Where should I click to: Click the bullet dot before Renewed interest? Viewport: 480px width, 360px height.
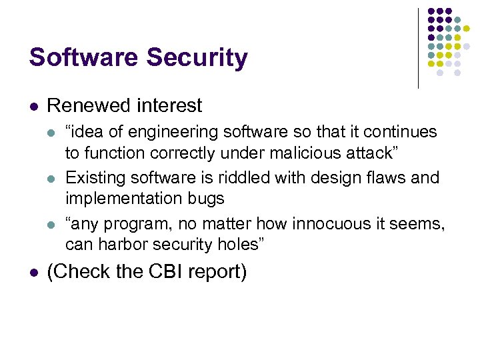(33, 106)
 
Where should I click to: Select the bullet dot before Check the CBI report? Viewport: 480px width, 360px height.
(33, 272)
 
